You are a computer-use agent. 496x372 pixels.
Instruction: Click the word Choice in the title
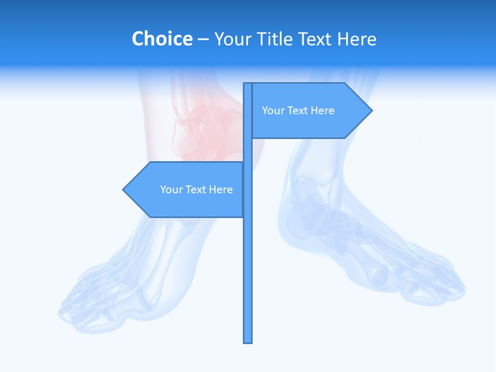tap(162, 39)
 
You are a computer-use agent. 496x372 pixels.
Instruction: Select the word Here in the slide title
tap(357, 39)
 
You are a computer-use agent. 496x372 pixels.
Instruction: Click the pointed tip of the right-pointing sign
tap(371, 110)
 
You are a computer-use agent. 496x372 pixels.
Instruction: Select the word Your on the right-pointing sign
tap(272, 111)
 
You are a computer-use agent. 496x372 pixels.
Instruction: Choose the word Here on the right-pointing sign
tap(322, 111)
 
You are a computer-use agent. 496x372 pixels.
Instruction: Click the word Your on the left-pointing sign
tap(171, 190)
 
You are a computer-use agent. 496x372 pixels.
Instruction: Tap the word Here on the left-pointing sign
tap(221, 190)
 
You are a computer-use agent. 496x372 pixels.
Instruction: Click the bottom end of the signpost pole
tap(248, 342)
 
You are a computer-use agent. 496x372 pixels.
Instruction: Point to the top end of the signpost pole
tap(248, 84)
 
